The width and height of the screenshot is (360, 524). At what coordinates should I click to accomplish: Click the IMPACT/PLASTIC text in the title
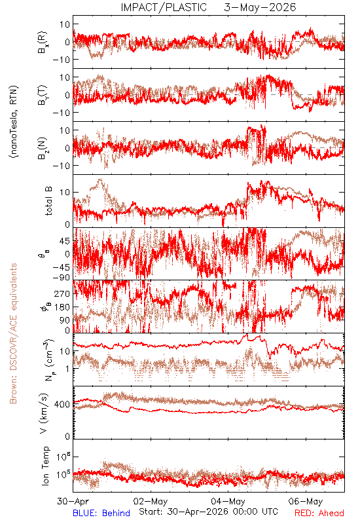[164, 7]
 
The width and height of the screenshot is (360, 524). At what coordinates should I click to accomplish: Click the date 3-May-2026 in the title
[260, 7]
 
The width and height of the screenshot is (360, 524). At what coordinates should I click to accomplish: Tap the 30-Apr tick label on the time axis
[73, 501]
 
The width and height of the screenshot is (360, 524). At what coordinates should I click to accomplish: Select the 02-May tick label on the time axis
[151, 501]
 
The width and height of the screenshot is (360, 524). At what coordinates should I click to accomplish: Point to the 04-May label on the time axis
[228, 501]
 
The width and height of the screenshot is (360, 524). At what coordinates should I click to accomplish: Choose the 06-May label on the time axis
[306, 501]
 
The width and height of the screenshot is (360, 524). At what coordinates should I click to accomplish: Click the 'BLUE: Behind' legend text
[101, 513]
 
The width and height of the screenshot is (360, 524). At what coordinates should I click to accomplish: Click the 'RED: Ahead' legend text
[319, 513]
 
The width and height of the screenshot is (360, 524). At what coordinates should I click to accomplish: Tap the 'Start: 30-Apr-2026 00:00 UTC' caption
[208, 512]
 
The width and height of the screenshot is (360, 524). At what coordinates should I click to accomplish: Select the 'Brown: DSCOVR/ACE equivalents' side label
[13, 333]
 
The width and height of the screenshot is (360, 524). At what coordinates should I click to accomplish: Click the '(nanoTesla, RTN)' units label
[14, 122]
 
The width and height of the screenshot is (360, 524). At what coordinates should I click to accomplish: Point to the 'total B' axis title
[48, 201]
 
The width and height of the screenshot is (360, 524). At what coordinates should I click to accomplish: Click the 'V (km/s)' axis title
[44, 413]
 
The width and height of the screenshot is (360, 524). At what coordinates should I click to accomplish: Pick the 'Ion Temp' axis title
[45, 466]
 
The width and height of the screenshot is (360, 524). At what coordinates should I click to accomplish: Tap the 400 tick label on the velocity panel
[62, 404]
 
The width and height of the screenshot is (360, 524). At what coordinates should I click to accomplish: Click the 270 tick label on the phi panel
[62, 293]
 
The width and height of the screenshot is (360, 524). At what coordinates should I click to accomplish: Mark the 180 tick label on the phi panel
[62, 307]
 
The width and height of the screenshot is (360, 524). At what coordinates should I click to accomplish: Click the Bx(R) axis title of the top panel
[43, 42]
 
